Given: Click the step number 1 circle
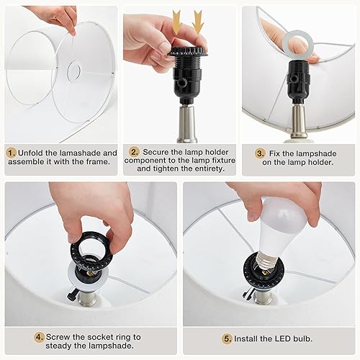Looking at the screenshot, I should (x=12, y=153).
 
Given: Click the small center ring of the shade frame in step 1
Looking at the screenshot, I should (x=73, y=71).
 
